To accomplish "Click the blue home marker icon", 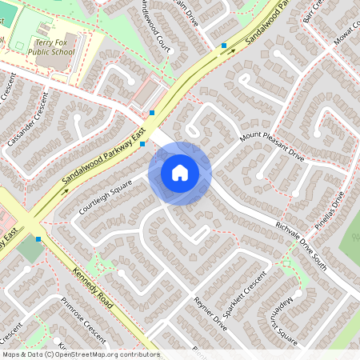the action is (180, 172).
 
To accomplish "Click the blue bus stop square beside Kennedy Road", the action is (38, 238).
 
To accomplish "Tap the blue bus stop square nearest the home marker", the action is (142, 145).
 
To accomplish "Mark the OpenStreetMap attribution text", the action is (80, 354).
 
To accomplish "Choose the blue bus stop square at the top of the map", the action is (224, 46).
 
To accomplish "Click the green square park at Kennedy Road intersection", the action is (30, 249).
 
